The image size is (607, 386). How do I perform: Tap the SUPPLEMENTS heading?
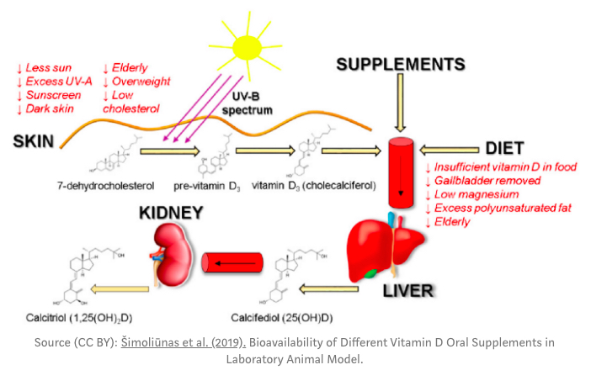point(400,64)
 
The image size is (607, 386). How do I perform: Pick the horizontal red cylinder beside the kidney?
point(237,263)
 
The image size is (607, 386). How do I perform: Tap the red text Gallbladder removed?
point(483,181)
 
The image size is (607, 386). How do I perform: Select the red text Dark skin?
point(46,108)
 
